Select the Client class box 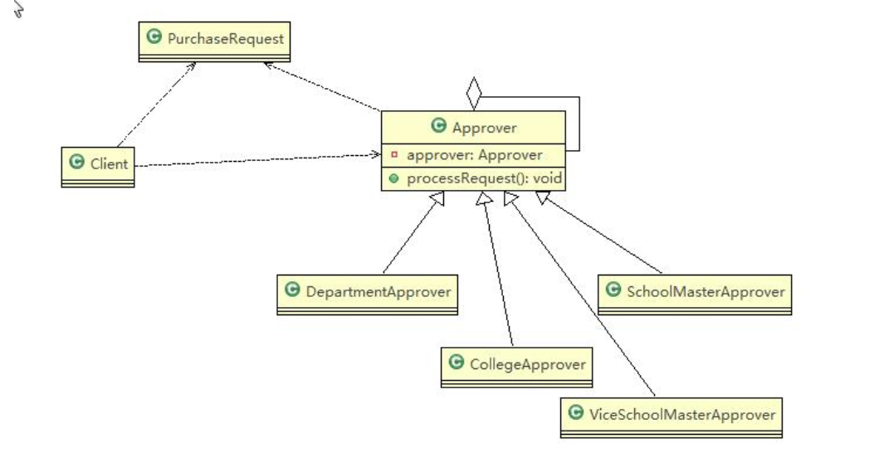(98, 165)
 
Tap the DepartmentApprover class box (367, 294)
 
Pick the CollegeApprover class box (516, 367)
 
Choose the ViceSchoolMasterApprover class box (671, 416)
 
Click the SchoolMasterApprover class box (695, 294)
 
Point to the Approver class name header (473, 128)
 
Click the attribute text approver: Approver (474, 154)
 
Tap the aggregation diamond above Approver (473, 94)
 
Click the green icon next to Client (77, 163)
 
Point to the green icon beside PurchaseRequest (154, 38)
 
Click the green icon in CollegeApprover (455, 363)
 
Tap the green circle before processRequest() (393, 178)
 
